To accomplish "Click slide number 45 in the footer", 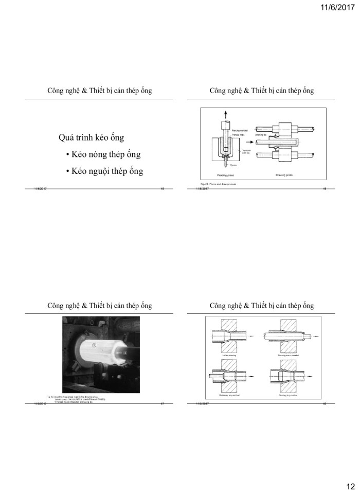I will pos(162,190).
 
